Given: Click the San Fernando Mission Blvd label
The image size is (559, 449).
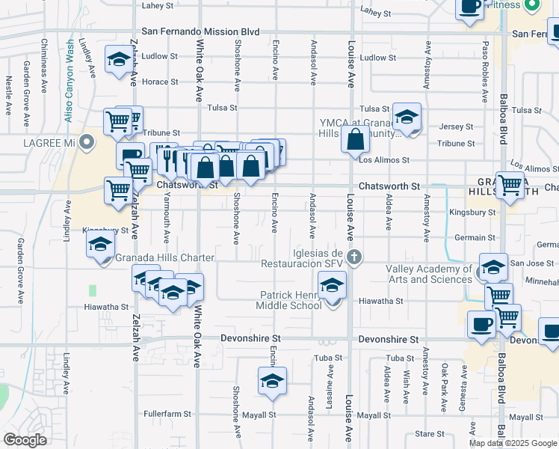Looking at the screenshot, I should [200, 33].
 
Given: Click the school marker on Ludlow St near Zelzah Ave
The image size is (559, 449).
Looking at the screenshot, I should [118, 61].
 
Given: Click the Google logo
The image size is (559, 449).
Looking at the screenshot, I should [25, 440].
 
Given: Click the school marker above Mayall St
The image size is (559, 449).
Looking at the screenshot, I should [273, 380].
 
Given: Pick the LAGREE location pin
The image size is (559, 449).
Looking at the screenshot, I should [87, 141].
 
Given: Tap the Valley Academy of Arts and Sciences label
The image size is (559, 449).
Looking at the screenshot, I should [429, 274].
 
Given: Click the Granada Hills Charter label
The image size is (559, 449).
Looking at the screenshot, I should [165, 258].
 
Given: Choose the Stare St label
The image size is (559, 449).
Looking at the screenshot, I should [430, 433].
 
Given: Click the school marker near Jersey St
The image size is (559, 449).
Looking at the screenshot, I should [407, 117].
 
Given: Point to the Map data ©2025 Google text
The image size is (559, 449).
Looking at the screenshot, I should [513, 443].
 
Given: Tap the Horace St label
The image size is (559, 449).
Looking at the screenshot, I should [155, 82].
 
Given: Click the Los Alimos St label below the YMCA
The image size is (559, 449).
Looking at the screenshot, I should [384, 160].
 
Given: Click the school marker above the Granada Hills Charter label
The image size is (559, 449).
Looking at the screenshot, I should [101, 245].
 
